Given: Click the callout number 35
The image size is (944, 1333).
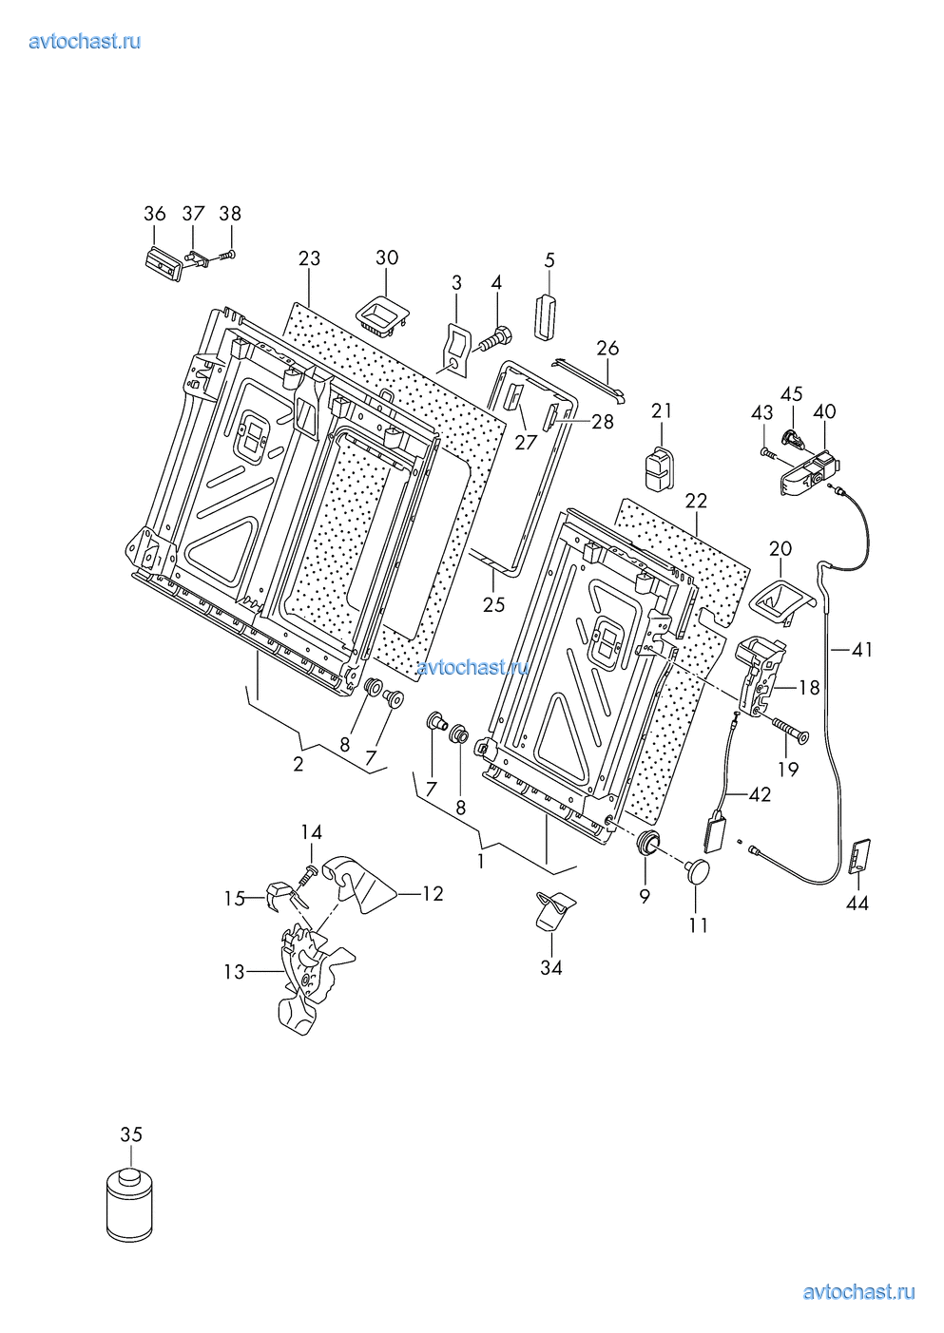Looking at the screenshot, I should point(131,1133).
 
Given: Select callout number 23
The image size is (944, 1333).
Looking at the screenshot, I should point(309,258).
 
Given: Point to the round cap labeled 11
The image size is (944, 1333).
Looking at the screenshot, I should point(700,870).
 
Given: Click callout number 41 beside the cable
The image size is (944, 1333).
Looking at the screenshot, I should point(861,650).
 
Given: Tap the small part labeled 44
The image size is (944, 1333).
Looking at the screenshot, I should point(858,854).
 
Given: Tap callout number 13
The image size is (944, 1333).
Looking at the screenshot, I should point(234,972).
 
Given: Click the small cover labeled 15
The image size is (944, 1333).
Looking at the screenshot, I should point(277,895).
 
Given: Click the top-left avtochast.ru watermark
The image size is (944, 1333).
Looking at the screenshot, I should point(86,41).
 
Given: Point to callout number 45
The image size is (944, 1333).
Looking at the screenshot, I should point(791,393).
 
